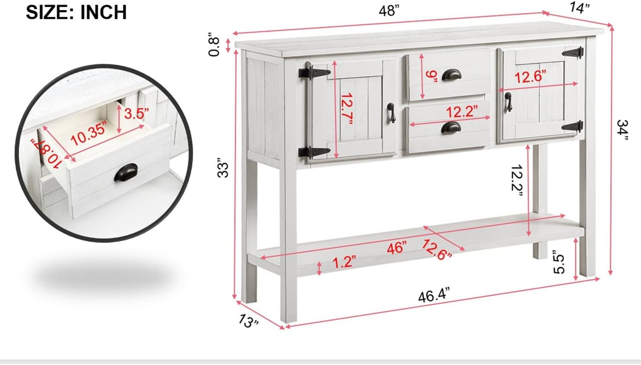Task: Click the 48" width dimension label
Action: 388,11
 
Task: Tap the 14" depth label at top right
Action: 579,8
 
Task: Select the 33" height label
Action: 223,170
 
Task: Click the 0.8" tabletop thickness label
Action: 214,46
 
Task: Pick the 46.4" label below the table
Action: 434,295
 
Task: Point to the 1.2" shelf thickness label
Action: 344,261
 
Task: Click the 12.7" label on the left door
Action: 347,109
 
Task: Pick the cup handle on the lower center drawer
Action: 451,127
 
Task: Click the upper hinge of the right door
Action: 573,53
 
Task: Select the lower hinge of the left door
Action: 314,152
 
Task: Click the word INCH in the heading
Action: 103,12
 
